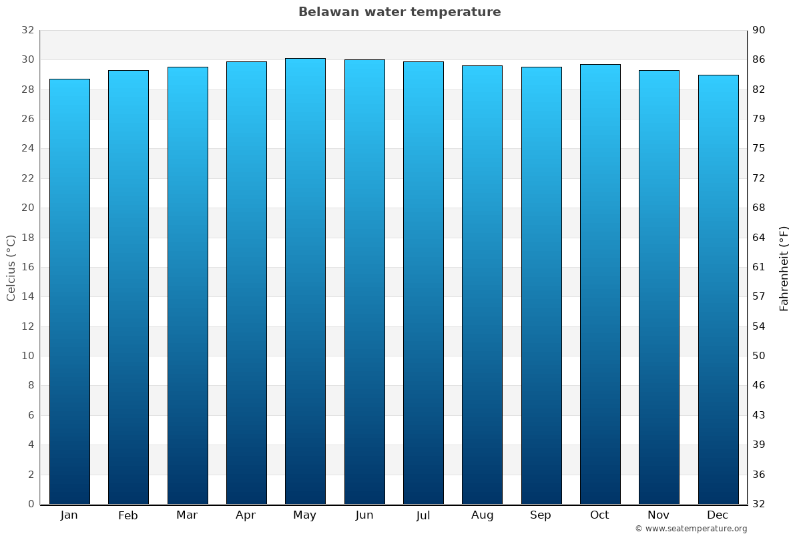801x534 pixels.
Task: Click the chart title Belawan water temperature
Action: click(x=399, y=12)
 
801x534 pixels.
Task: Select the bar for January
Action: click(x=69, y=291)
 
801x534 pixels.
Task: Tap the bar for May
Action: click(x=305, y=280)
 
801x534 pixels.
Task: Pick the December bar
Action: click(x=718, y=289)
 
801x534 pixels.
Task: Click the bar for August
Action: click(x=482, y=284)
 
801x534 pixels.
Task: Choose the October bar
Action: click(x=599, y=284)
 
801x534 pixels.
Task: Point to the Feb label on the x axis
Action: click(x=128, y=515)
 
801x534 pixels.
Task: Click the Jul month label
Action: click(x=423, y=515)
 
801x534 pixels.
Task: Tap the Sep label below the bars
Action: click(x=541, y=515)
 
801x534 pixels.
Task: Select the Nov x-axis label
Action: click(x=659, y=515)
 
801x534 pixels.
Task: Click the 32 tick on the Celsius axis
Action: click(x=27, y=30)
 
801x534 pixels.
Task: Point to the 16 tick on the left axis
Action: click(x=27, y=267)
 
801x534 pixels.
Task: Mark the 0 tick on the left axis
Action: click(x=31, y=504)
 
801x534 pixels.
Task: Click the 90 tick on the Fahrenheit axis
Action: click(x=759, y=30)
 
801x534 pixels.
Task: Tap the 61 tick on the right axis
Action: click(x=759, y=267)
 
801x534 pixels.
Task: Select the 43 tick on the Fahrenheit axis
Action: click(x=759, y=415)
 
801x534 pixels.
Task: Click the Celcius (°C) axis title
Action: click(x=11, y=267)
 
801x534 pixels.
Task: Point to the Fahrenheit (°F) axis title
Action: click(x=784, y=268)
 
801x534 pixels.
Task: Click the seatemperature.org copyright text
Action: click(x=690, y=529)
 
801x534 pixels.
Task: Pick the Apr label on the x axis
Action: click(x=246, y=515)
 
